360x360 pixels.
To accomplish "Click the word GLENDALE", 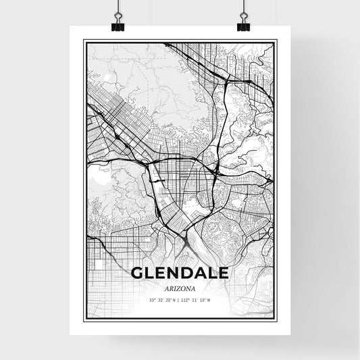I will (x=180, y=273).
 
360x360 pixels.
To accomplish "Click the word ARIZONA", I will (x=180, y=286).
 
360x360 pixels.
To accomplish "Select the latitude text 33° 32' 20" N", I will (x=165, y=300).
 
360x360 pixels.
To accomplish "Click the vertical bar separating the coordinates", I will (x=180, y=300).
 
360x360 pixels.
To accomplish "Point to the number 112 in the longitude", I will (x=186, y=300).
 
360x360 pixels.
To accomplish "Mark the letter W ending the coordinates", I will (x=209, y=300).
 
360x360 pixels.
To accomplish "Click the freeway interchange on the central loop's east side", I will (x=214, y=175).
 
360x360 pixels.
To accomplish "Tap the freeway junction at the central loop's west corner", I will (x=147, y=163).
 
